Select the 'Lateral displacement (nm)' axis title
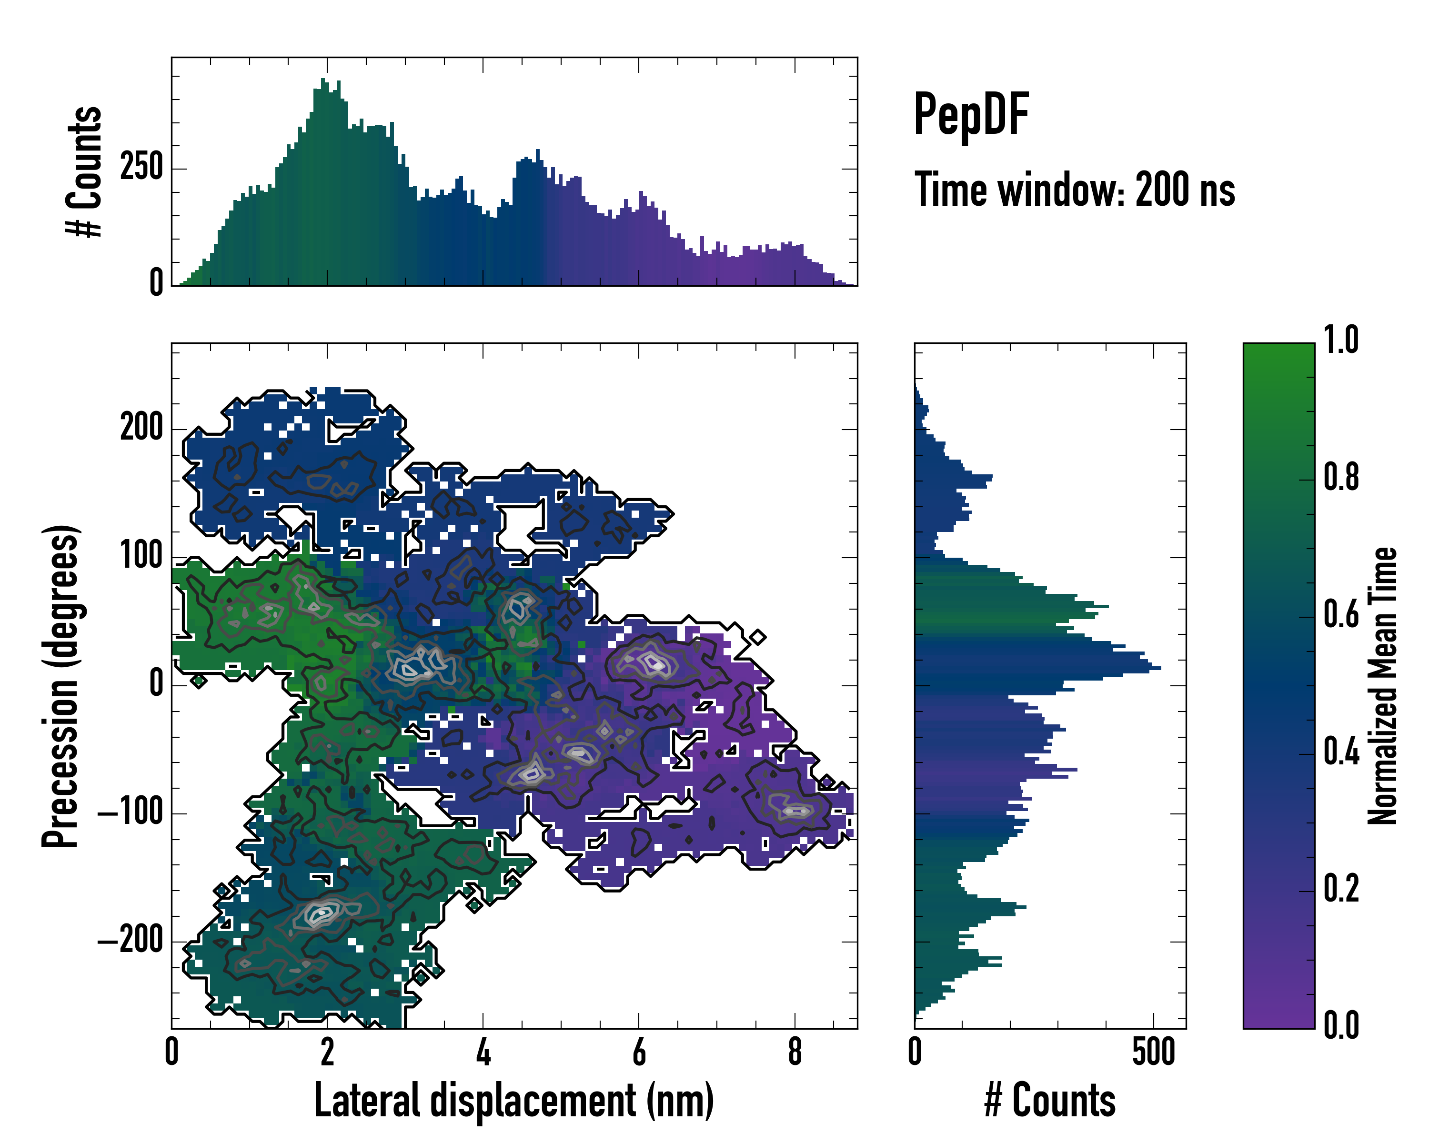[x=513, y=1101]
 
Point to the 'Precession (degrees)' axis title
[x=61, y=686]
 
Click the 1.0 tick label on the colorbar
[x=1341, y=340]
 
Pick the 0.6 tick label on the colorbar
[x=1341, y=614]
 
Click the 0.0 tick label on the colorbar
[x=1341, y=1025]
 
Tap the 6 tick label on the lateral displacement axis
[x=639, y=1052]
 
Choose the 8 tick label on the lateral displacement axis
[x=795, y=1052]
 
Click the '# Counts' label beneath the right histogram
[x=1050, y=1101]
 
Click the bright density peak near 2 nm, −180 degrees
[x=322, y=912]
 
